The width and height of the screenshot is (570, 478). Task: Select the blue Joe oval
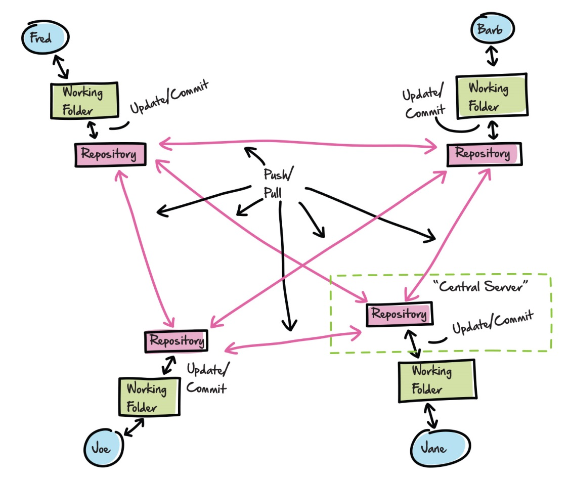pos(103,447)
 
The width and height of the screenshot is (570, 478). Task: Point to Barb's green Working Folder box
pos(491,96)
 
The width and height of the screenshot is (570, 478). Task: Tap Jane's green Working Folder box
pos(436,380)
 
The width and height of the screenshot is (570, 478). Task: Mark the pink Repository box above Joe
pos(177,341)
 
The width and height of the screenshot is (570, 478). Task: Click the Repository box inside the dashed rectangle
pos(400,314)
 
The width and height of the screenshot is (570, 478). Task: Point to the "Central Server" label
pos(480,287)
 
